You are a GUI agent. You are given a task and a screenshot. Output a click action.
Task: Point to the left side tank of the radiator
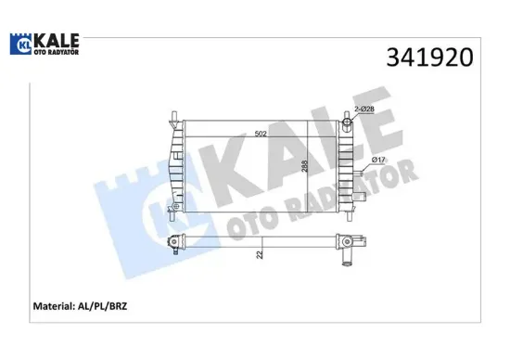174,167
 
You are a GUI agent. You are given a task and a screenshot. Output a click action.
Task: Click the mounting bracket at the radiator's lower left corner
169,212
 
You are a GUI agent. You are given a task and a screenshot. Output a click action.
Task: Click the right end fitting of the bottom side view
346,246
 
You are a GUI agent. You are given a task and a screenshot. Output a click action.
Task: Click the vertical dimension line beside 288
309,167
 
